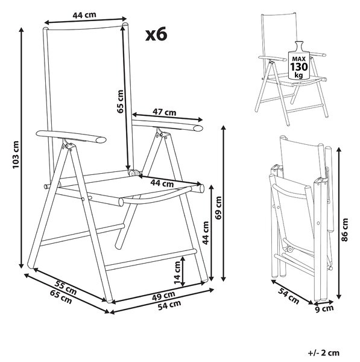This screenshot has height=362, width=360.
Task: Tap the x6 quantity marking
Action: pyautogui.click(x=156, y=34)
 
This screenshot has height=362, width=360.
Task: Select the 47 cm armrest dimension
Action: pyautogui.click(x=164, y=112)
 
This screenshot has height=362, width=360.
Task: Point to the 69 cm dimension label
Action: pyautogui.click(x=218, y=208)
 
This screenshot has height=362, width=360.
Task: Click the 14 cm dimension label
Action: pyautogui.click(x=177, y=273)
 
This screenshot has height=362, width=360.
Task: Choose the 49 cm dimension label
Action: pyautogui.click(x=163, y=296)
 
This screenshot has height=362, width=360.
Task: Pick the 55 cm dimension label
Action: pyautogui.click(x=66, y=287)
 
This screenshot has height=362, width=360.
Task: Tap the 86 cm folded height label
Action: pyautogui.click(x=344, y=230)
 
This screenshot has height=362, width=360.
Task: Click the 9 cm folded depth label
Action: pyautogui.click(x=324, y=308)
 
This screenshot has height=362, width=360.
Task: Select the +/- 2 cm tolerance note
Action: pyautogui.click(x=324, y=353)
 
